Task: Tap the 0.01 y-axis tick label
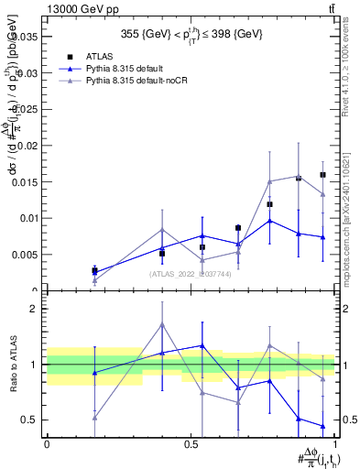coord(29,218)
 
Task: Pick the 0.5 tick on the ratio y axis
coord(33,420)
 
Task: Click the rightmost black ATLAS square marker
coord(322,175)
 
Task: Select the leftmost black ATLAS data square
coord(94,270)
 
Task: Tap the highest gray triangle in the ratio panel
coord(162,324)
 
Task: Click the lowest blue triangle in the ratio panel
coord(322,426)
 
